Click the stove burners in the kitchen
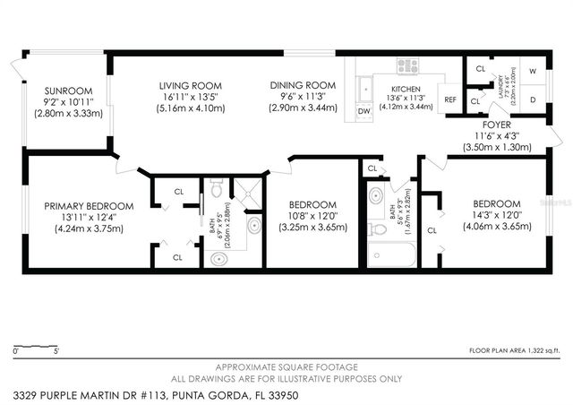pos(408,65)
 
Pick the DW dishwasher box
pos(363,111)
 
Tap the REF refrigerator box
pos(451,99)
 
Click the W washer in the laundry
pos(533,70)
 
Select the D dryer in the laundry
pos(533,99)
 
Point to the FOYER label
pos(498,125)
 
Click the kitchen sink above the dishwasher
pos(365,88)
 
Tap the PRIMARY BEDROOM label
pos(89,205)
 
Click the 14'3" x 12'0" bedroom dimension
pos(484,215)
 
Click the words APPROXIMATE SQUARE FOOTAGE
pos(286,367)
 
